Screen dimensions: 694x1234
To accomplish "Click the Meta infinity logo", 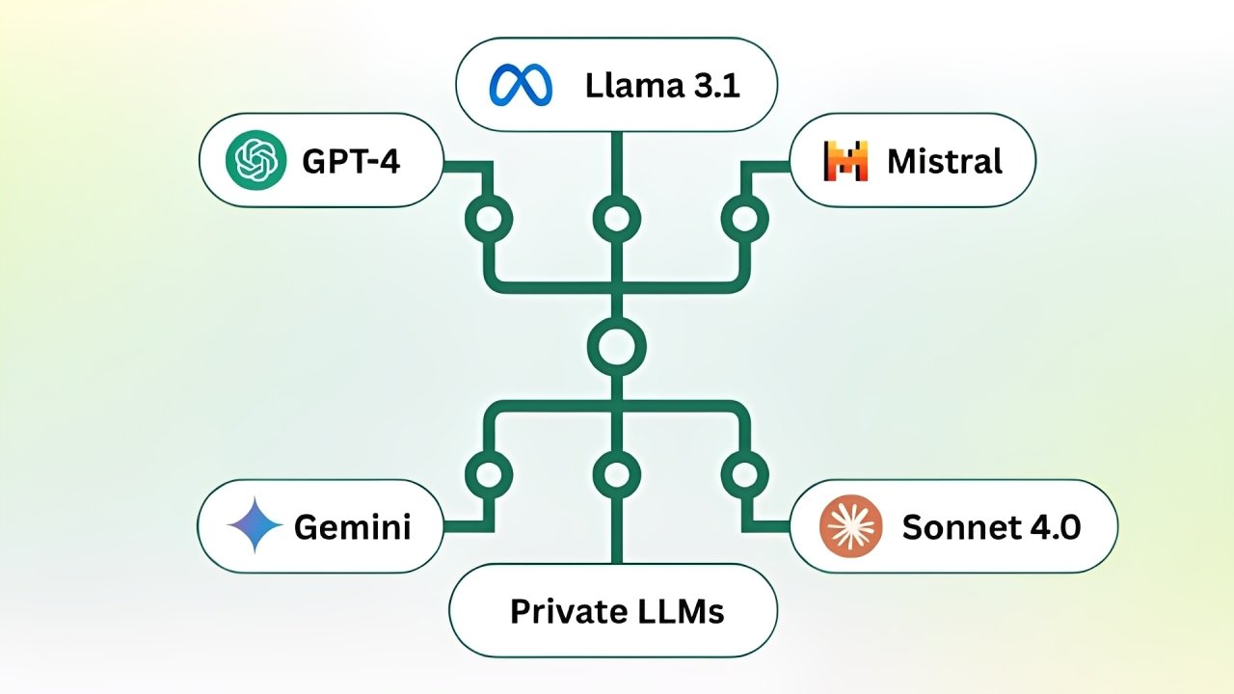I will click(x=521, y=85).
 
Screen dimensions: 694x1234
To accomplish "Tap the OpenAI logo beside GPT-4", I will click(x=255, y=160).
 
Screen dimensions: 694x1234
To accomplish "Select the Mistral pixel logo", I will click(x=845, y=160).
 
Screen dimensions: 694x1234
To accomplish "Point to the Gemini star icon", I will click(x=255, y=526).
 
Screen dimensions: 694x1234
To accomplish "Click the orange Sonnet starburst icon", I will click(x=849, y=526).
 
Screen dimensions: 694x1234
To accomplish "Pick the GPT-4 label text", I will click(x=351, y=161).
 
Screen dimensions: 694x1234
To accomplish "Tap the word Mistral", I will click(x=945, y=161).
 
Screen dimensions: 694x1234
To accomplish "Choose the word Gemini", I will click(x=352, y=527).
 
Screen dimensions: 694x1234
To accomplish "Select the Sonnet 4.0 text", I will click(x=991, y=527).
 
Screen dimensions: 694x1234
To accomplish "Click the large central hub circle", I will click(x=616, y=346).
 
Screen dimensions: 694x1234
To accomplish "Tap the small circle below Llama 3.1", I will click(x=616, y=219).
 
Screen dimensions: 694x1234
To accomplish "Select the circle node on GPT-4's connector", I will click(x=489, y=219).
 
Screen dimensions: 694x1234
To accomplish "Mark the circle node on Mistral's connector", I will click(x=744, y=219).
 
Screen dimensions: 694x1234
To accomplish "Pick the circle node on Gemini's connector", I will click(x=489, y=474).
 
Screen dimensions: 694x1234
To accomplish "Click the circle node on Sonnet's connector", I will click(x=744, y=474).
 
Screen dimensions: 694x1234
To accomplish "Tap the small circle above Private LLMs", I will click(x=616, y=474).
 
